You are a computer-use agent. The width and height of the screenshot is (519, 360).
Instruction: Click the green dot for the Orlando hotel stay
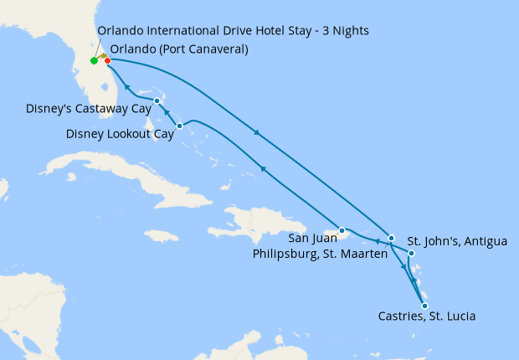coord(94,60)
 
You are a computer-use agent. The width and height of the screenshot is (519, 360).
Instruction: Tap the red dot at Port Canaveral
coord(107,60)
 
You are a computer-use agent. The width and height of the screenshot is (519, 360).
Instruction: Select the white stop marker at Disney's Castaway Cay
coord(157,101)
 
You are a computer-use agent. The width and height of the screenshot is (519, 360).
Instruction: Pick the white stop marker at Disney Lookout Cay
coord(180,126)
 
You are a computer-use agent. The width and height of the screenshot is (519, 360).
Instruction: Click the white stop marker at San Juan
coord(342,230)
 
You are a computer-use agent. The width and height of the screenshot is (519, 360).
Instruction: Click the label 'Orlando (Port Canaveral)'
coord(179,49)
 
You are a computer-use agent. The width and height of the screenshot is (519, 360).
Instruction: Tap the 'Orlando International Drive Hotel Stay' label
coord(233,31)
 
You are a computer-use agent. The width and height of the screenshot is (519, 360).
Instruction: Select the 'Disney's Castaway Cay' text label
coord(89,109)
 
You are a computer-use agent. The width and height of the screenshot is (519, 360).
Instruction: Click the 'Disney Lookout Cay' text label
coord(120,133)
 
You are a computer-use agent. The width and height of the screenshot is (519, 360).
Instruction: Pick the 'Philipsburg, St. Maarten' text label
coord(319,254)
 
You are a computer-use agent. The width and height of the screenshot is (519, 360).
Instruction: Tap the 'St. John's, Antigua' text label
coord(457,242)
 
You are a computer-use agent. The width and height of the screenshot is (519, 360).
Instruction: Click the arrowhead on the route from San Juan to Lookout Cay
coord(263,170)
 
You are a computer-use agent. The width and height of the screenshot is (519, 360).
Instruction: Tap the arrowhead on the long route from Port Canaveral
coord(256,132)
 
